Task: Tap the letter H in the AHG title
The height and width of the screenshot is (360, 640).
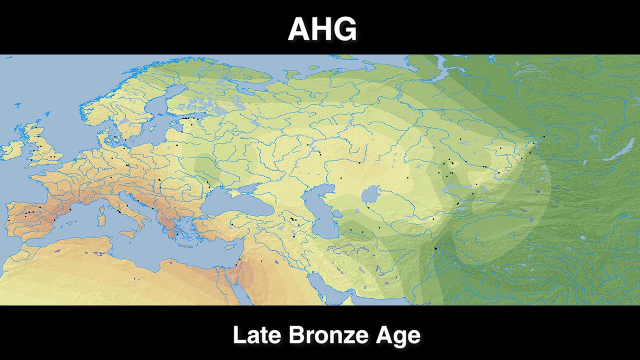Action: [322, 29]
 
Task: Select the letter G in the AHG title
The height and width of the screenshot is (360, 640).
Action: [345, 29]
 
